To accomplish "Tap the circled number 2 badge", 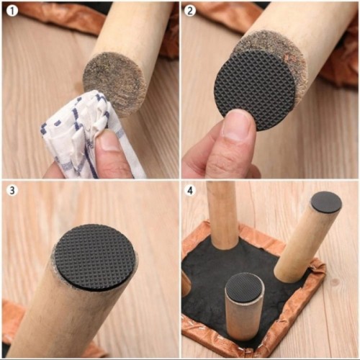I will tap(190, 10).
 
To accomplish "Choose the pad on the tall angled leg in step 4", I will tap(326, 202).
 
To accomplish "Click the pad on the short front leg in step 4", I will tap(246, 284).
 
